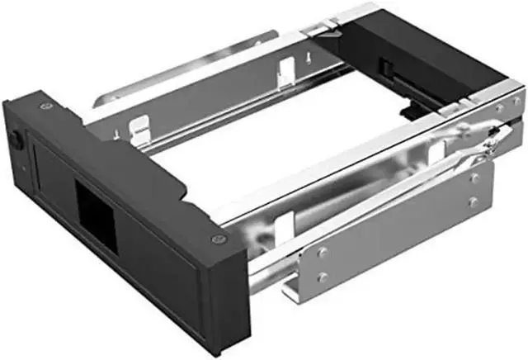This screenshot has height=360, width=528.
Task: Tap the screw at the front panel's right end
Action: [216, 239]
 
